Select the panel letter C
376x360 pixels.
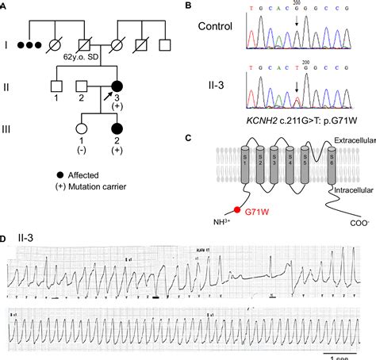(x=188, y=136)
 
